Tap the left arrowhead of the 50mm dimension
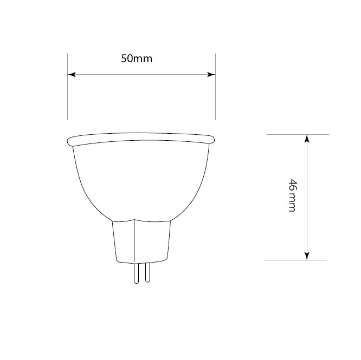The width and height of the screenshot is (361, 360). click(x=71, y=75)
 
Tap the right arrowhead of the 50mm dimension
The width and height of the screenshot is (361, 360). click(x=212, y=75)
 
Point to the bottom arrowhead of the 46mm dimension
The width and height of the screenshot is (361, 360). click(x=307, y=256)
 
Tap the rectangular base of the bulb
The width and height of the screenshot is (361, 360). click(x=142, y=241)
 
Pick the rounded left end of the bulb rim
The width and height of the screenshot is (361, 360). click(x=69, y=142)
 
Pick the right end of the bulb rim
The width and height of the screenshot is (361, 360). click(x=213, y=140)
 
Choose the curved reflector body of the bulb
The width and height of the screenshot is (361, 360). click(x=141, y=179)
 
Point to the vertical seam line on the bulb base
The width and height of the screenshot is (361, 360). click(x=133, y=241)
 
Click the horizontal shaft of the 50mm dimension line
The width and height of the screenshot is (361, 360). click(x=163, y=75)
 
